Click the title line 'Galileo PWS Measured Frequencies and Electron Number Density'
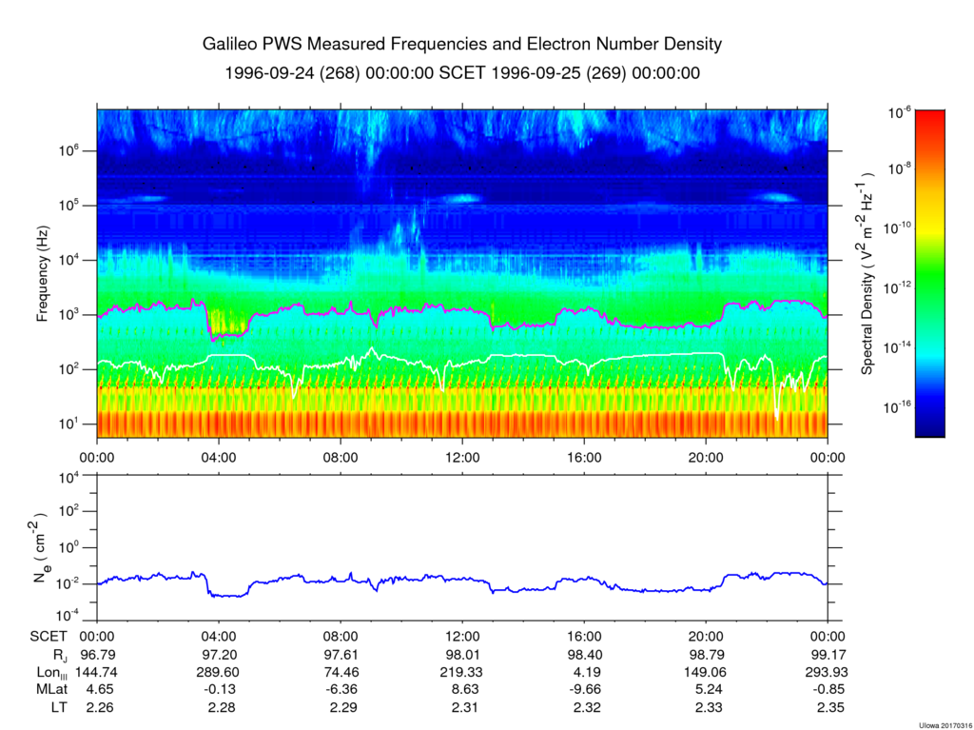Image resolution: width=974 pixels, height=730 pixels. [x=462, y=45]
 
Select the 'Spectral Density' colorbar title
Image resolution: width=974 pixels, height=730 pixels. [x=867, y=273]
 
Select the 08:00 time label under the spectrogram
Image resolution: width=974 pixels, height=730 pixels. [x=341, y=456]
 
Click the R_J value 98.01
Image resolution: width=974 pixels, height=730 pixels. [x=462, y=656]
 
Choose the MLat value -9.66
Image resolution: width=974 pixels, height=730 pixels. [x=583, y=689]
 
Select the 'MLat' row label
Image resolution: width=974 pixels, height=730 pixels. [x=49, y=689]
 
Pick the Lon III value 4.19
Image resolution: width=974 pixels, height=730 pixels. [x=583, y=672]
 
